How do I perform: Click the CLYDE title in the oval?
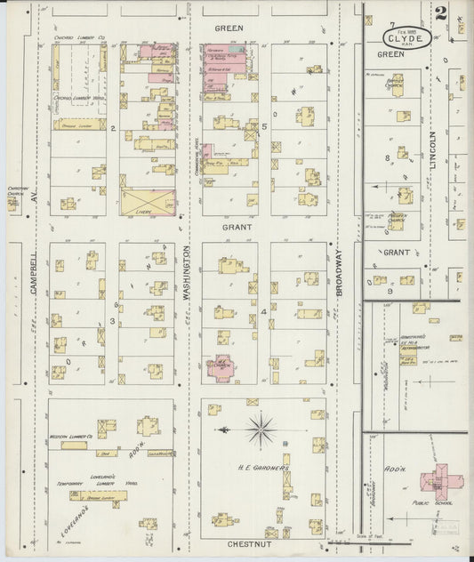[x=409, y=38]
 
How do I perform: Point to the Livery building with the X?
[x=148, y=201]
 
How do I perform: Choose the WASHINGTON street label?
[x=188, y=277]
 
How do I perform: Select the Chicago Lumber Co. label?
[x=82, y=39]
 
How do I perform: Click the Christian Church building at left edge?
[x=12, y=203]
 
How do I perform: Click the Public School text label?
[x=437, y=502]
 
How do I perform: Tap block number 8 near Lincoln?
[x=388, y=158]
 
